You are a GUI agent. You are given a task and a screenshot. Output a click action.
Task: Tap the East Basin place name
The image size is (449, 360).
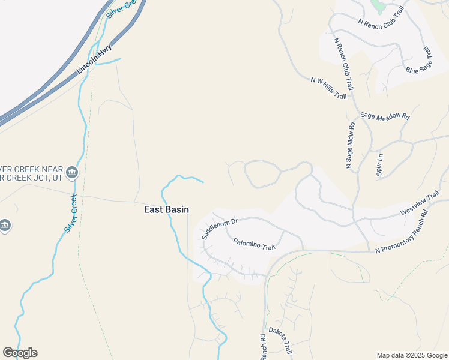(166, 209)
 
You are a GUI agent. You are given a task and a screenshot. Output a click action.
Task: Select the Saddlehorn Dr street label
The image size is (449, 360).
(220, 228)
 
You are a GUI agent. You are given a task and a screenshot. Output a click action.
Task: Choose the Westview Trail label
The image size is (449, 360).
(420, 205)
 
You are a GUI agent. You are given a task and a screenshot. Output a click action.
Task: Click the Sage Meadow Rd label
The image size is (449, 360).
(385, 116)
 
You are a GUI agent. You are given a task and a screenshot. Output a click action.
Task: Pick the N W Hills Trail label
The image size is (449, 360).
(328, 88)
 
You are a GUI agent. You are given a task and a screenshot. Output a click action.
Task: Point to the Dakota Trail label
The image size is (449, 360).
(280, 339)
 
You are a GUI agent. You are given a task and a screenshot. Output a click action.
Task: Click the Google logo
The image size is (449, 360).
(20, 353)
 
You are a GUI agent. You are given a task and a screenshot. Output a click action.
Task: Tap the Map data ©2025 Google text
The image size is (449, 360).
(412, 355)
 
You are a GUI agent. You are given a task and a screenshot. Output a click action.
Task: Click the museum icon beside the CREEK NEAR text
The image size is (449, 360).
(72, 173)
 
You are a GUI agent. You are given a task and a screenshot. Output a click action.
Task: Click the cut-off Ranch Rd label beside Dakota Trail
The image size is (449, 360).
(263, 347)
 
